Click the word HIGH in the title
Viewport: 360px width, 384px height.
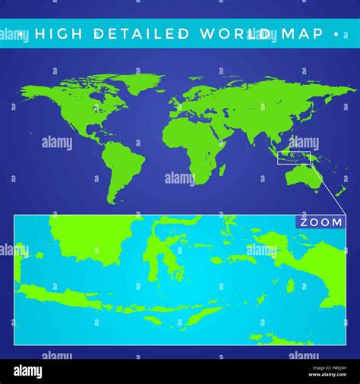[62, 34]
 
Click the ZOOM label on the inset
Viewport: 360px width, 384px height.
[320, 222]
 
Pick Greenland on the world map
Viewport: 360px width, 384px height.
[137, 83]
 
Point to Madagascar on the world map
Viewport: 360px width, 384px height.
[222, 170]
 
